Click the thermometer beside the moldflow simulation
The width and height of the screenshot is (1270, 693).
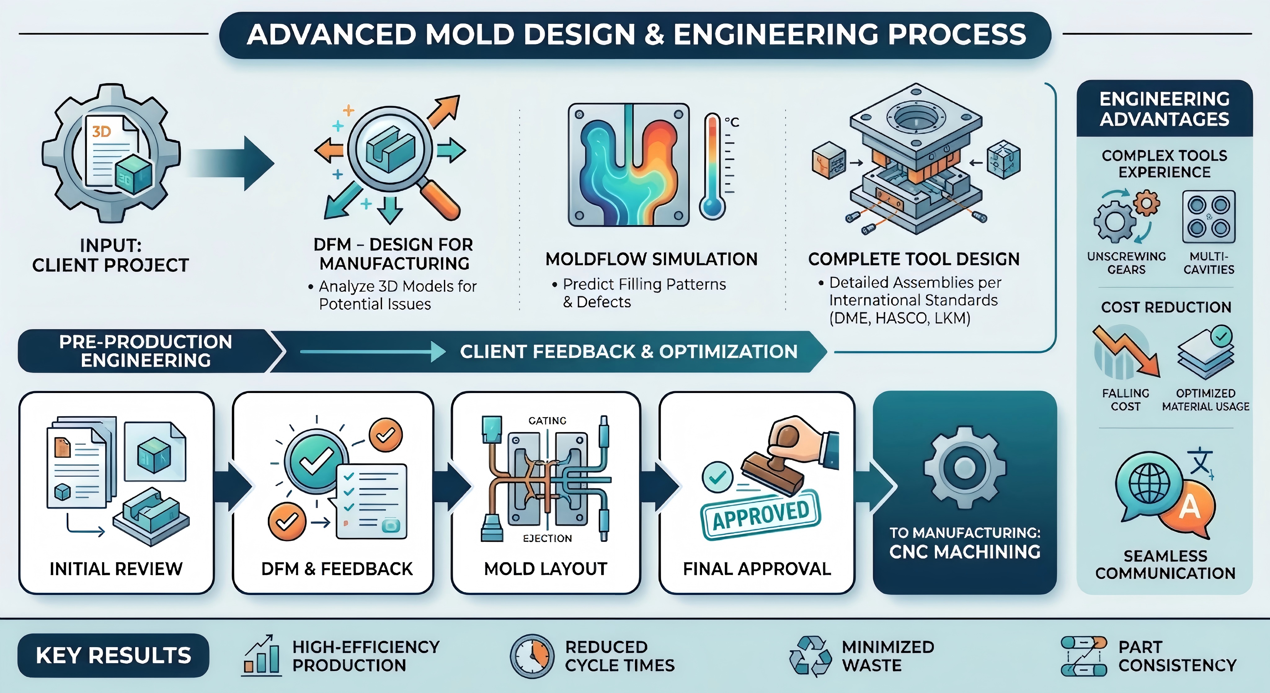tap(712, 168)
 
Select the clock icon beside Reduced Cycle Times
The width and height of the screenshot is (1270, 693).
tap(531, 656)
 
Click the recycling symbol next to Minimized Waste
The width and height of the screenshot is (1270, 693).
tap(810, 656)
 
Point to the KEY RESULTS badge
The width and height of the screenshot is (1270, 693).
tap(113, 655)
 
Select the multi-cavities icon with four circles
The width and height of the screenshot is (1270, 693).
tap(1208, 217)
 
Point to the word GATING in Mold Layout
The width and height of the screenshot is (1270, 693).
tap(547, 421)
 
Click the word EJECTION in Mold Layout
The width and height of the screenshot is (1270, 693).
tap(547, 538)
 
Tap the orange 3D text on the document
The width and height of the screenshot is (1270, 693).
tap(102, 132)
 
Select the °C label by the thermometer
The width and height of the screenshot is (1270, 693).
tap(732, 122)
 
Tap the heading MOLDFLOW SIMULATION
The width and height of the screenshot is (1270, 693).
tap(651, 259)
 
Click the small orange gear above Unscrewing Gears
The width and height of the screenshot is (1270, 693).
tap(1147, 203)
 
